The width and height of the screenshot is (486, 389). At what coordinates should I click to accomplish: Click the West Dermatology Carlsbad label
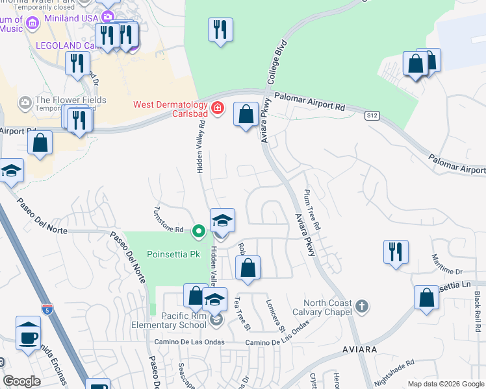pyautogui.click(x=170, y=110)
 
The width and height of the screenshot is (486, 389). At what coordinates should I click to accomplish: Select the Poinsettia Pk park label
pyautogui.click(x=173, y=254)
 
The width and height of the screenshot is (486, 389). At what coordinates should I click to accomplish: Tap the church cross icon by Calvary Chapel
pyautogui.click(x=362, y=305)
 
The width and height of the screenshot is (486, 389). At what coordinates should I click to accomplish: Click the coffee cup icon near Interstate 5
pyautogui.click(x=28, y=336)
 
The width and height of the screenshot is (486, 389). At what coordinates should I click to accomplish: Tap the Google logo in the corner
pyautogui.click(x=21, y=381)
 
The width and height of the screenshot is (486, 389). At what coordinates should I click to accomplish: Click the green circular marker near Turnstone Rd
pyautogui.click(x=199, y=230)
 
